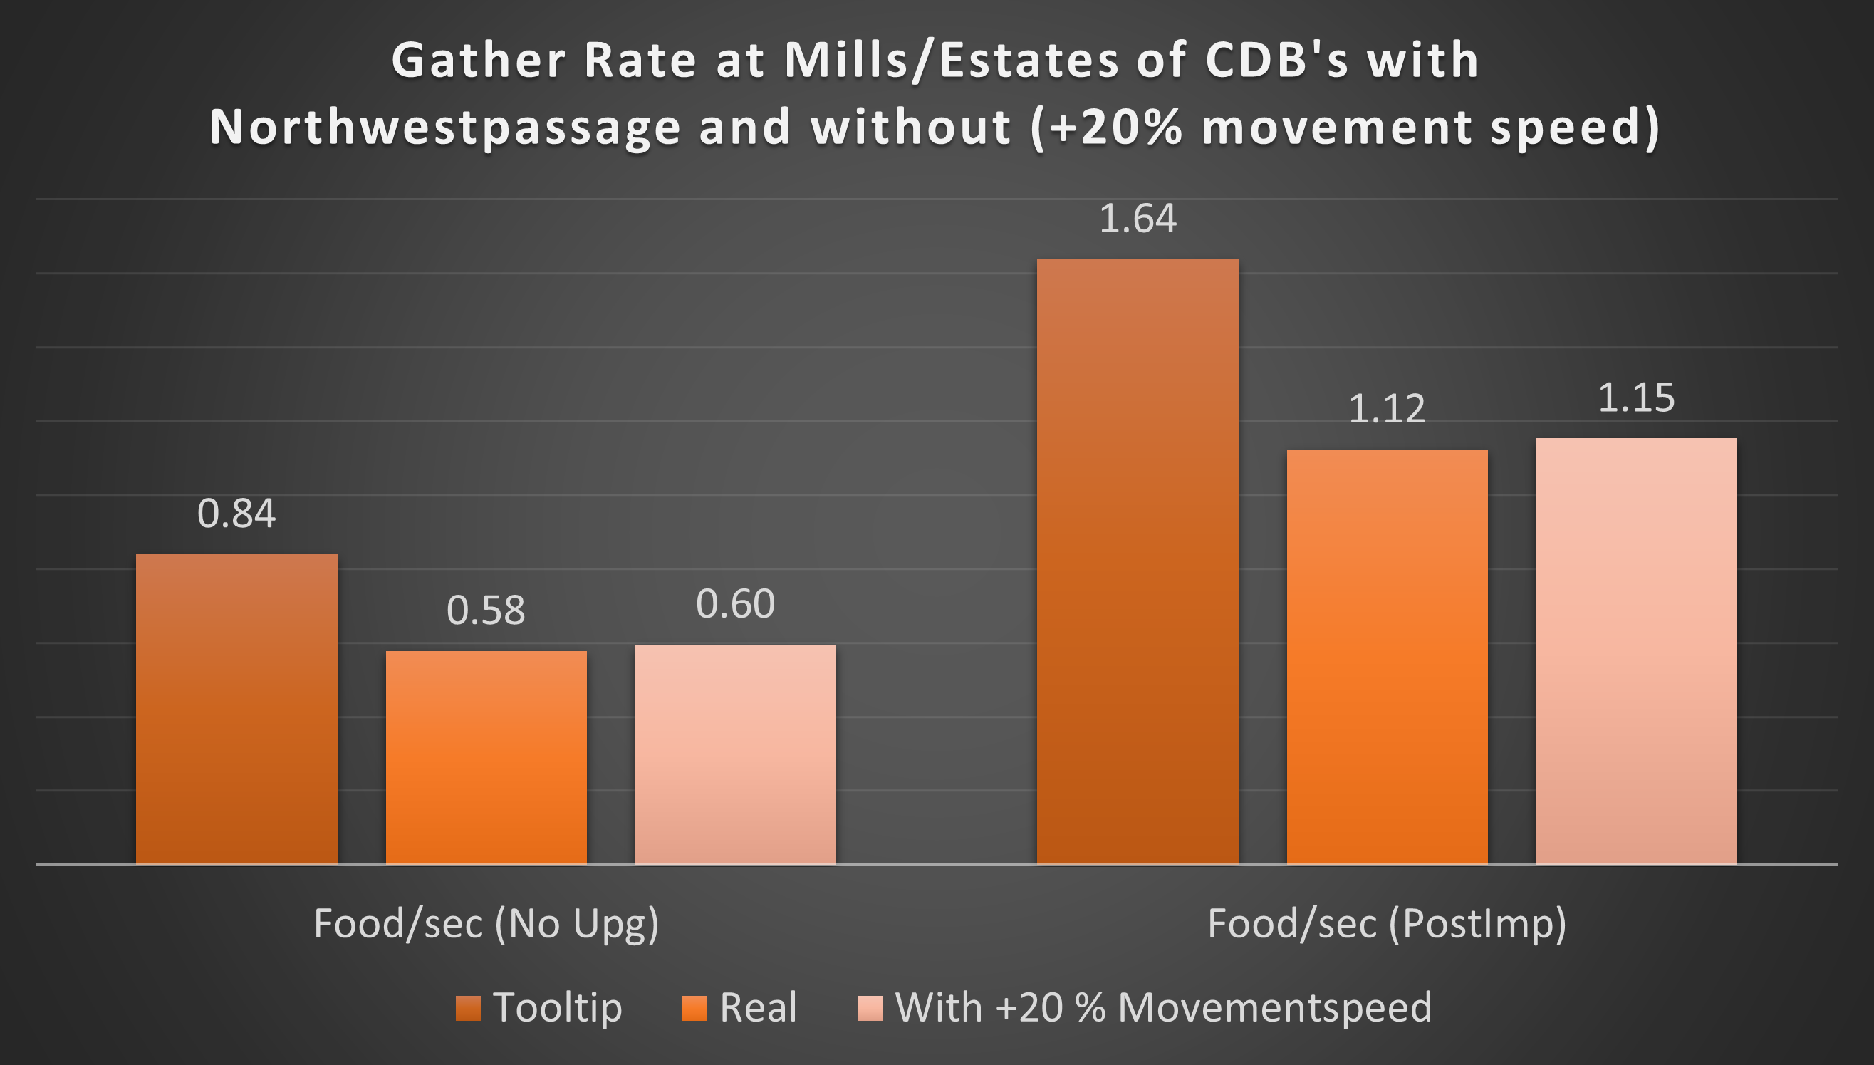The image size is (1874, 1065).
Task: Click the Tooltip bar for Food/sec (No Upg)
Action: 236,709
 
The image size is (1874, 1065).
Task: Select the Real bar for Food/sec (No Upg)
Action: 486,757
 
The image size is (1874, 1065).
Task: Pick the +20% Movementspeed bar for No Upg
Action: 736,754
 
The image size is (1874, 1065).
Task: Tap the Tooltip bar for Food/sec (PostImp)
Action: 1137,561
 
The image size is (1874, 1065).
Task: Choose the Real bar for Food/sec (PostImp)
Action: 1387,656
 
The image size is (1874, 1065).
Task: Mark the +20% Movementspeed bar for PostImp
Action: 1636,651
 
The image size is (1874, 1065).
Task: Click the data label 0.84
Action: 236,514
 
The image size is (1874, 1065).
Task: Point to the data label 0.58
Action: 486,611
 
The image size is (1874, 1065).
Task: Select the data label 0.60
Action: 736,604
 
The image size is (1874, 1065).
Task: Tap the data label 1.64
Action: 1138,219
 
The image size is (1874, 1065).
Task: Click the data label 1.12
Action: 1387,409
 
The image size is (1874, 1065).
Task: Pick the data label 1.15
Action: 1636,399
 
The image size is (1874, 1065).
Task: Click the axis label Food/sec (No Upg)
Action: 486,924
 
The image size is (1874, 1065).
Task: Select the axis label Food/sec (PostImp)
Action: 1387,924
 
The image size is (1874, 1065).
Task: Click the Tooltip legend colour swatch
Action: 468,1008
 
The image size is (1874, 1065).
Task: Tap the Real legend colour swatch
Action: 694,1008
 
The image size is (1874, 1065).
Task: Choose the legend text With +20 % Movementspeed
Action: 1163,1008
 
